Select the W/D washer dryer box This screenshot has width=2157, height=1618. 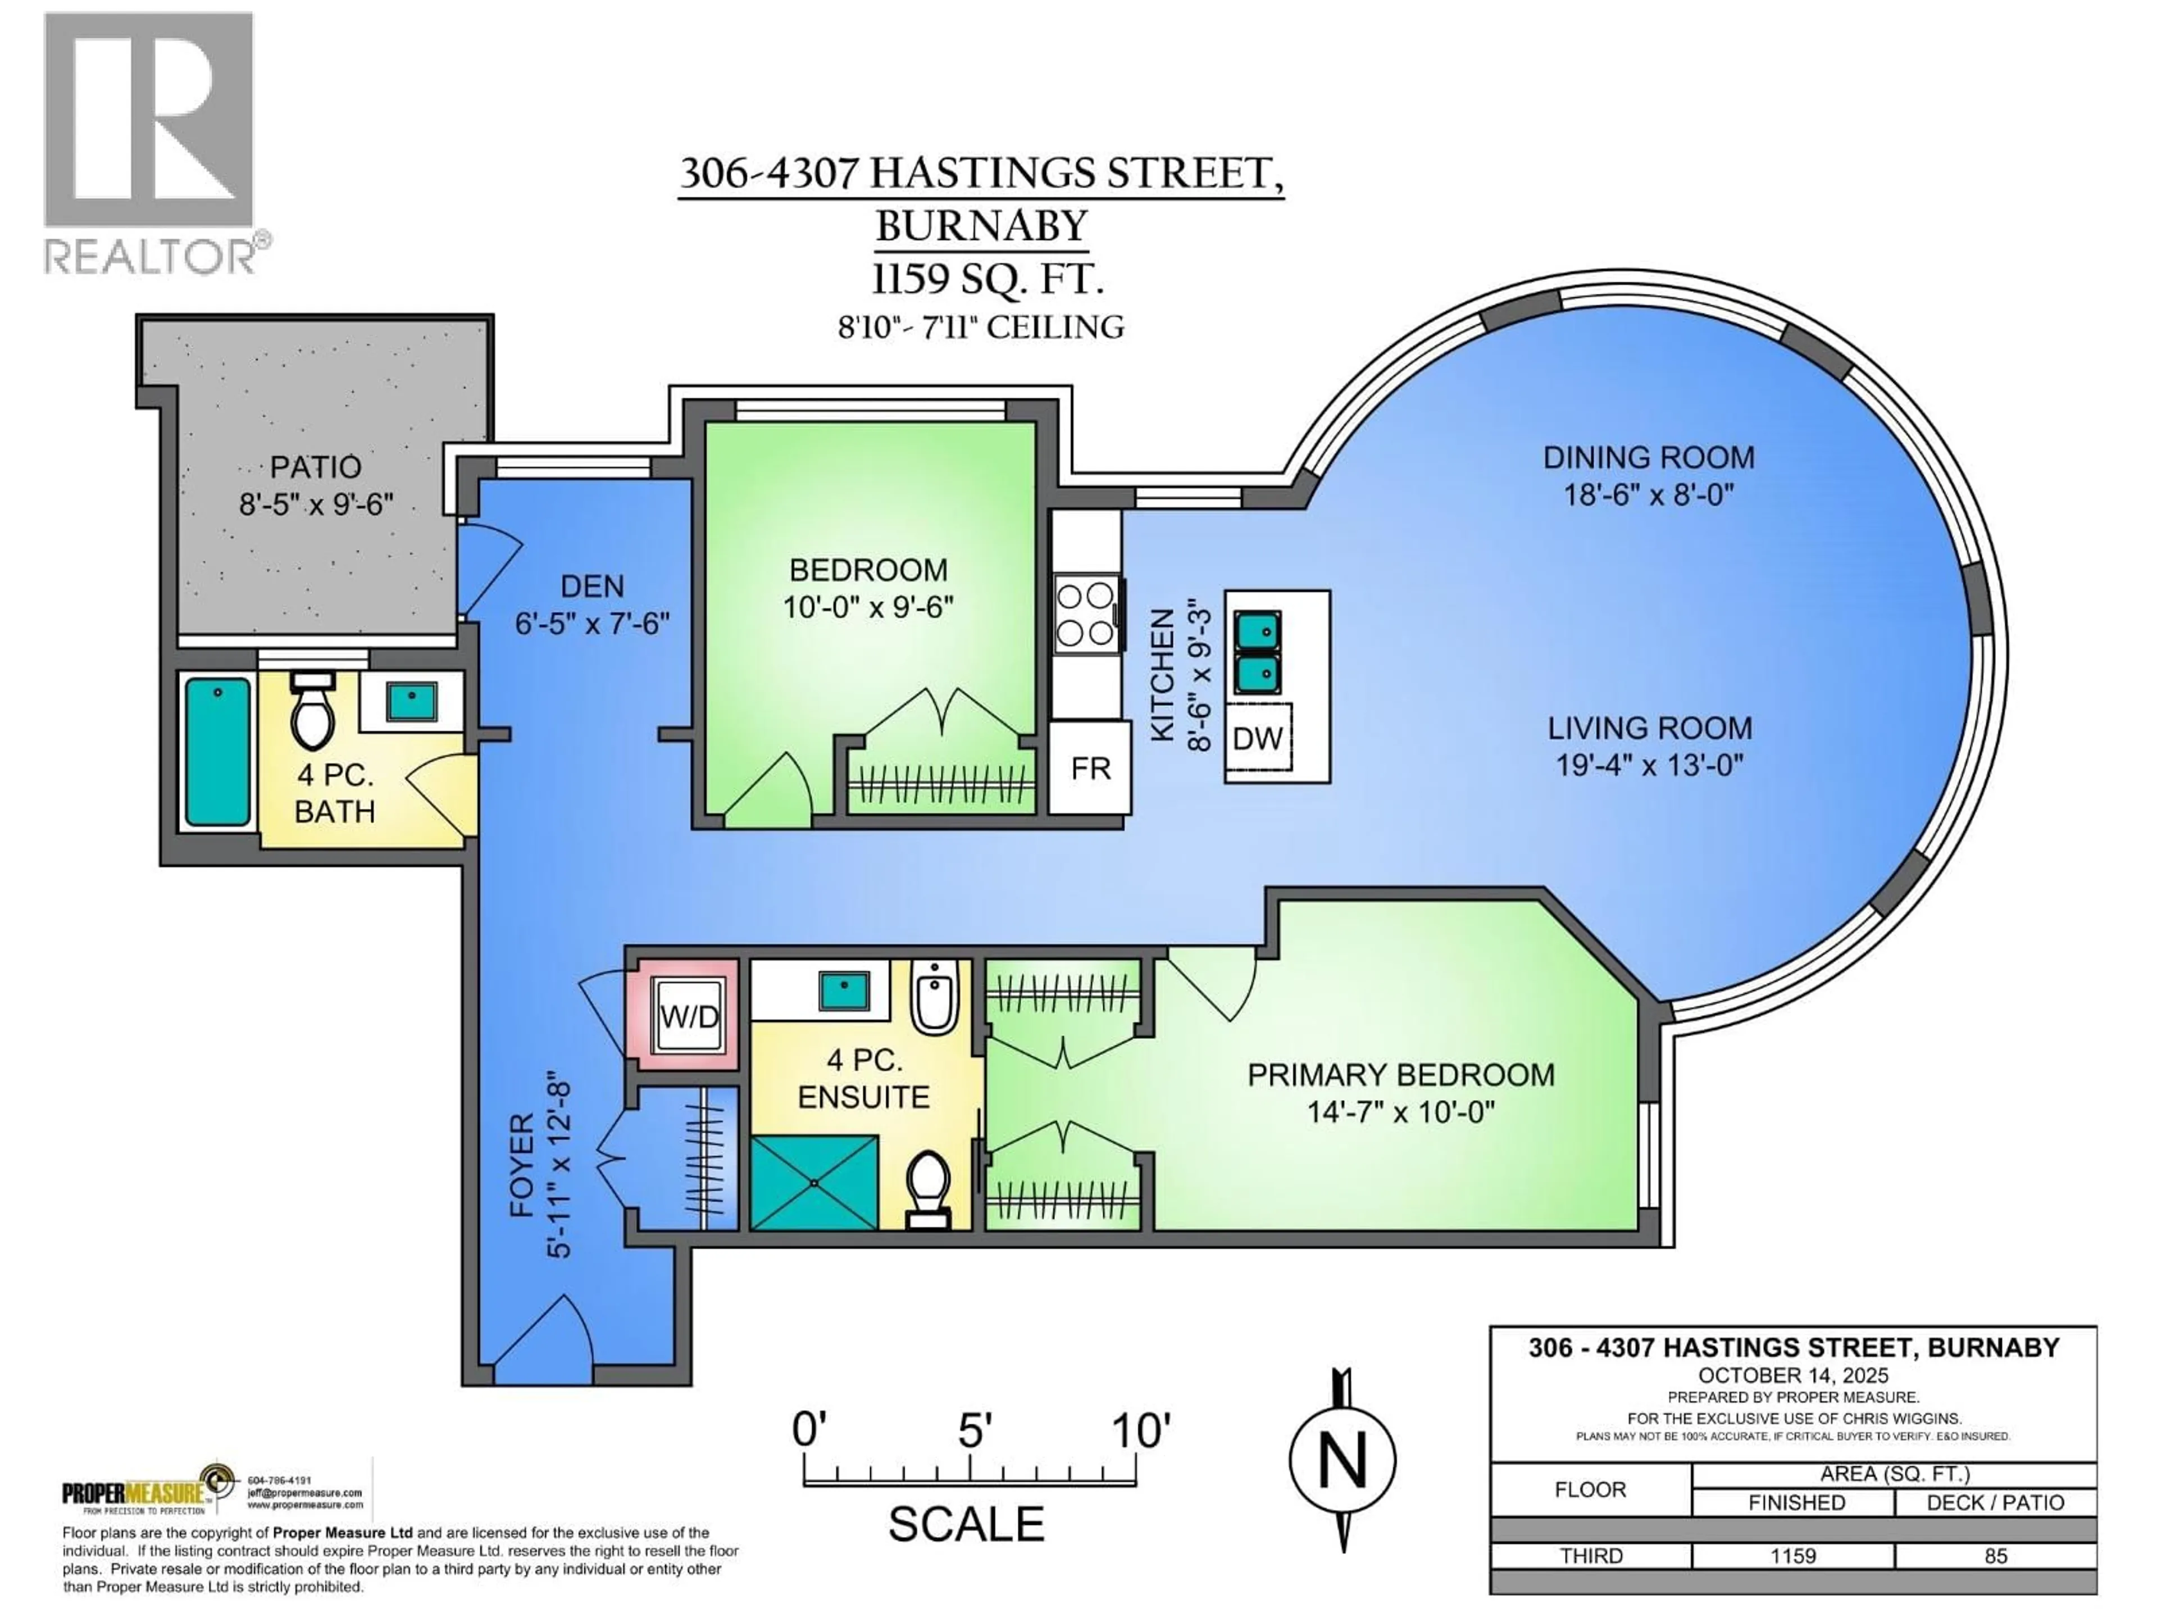point(689,1017)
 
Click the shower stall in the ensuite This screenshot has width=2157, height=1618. point(814,1182)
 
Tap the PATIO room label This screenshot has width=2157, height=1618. point(315,467)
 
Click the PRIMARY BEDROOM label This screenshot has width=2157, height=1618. point(1400,1075)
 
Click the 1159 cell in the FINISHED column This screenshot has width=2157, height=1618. point(1792,1556)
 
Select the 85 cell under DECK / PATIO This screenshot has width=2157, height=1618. point(1995,1556)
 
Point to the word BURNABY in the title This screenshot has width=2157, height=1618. point(981,226)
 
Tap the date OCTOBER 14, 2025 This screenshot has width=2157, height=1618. point(1792,1375)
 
